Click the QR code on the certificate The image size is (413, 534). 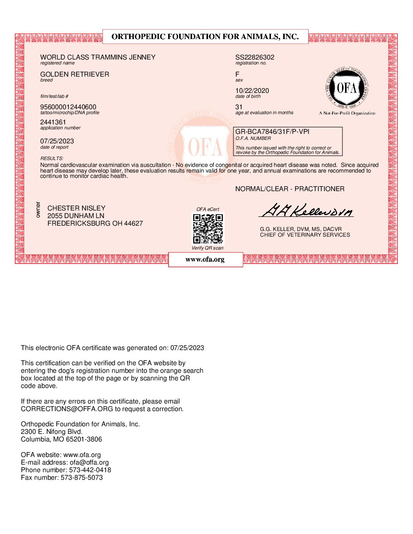[208, 229]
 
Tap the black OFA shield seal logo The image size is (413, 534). [347, 89]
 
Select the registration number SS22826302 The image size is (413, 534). [255, 57]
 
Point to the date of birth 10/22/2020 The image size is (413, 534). [252, 91]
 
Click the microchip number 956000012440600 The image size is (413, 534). [68, 107]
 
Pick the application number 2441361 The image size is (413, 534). [53, 122]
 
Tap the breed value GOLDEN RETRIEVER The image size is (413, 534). [75, 74]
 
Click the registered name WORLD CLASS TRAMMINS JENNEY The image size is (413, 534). [98, 57]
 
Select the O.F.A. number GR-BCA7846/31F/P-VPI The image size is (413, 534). [273, 132]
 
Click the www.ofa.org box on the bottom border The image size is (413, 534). [205, 260]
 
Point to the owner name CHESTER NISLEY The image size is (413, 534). [76, 208]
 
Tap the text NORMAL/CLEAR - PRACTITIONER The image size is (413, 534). [290, 189]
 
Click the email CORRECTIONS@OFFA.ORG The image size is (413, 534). [67, 409]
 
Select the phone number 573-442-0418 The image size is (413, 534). [90, 470]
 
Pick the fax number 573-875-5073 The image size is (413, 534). [82, 477]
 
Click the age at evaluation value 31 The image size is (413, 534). [239, 107]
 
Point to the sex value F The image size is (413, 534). [237, 74]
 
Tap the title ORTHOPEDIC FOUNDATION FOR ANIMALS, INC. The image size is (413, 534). [205, 37]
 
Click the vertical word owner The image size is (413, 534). [38, 210]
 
